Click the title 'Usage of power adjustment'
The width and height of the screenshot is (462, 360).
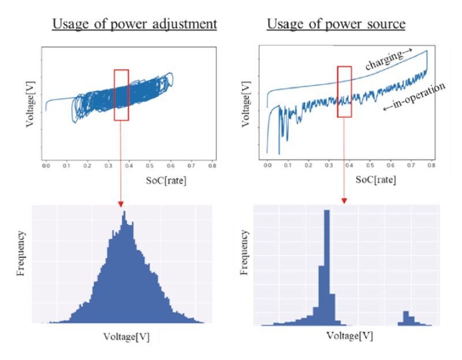pyautogui.click(x=134, y=24)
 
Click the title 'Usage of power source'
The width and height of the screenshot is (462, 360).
pyautogui.click(x=336, y=24)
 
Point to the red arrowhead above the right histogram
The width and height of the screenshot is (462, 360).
pyautogui.click(x=344, y=201)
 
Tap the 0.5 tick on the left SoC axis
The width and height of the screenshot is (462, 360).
pyautogui.click(x=150, y=166)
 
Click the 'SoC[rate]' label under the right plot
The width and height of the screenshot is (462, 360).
pyautogui.click(x=375, y=179)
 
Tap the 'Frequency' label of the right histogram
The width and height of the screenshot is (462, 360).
pyautogui.click(x=245, y=252)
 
